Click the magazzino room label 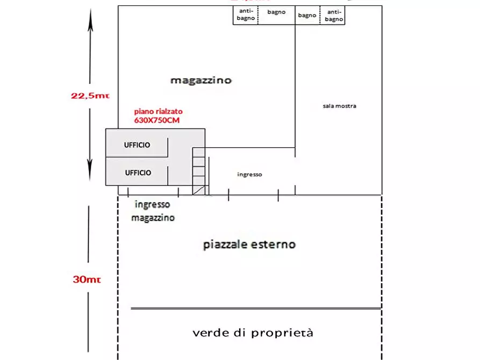pyautogui.click(x=201, y=81)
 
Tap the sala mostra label pyautogui.click(x=339, y=106)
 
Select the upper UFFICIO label pyautogui.click(x=138, y=145)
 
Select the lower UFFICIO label pyautogui.click(x=138, y=173)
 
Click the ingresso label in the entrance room pyautogui.click(x=249, y=175)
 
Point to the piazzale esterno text pyautogui.click(x=249, y=244)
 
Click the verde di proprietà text pyautogui.click(x=253, y=333)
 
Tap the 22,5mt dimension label pyautogui.click(x=90, y=96)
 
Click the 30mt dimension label pyautogui.click(x=87, y=279)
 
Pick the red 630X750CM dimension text pyautogui.click(x=156, y=120)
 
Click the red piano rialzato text pyautogui.click(x=156, y=112)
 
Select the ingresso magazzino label pyautogui.click(x=153, y=211)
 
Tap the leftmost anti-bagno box pyautogui.click(x=246, y=15)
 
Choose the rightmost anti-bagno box pyautogui.click(x=333, y=15)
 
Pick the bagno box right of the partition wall pyautogui.click(x=307, y=15)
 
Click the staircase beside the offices pyautogui.click(x=199, y=171)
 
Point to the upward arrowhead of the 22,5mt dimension pyautogui.click(x=90, y=16)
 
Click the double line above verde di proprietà pyautogui.click(x=256, y=308)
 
